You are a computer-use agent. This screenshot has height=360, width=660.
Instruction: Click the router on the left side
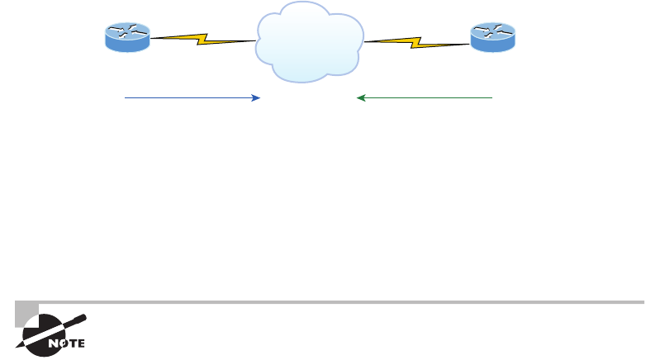coord(127,38)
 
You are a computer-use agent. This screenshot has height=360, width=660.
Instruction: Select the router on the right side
coord(493,38)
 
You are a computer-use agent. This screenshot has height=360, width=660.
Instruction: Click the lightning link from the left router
coord(203,38)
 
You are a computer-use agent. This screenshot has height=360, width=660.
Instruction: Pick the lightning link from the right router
coord(417,38)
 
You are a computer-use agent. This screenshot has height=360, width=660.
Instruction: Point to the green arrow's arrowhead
coord(360,98)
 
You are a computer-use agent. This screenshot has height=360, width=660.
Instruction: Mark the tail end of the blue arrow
coord(126,98)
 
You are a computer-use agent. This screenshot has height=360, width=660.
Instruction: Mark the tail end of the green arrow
coord(491,98)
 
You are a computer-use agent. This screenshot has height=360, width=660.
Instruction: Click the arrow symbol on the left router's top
coord(127,32)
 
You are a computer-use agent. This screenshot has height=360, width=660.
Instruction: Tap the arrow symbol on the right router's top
coord(493,32)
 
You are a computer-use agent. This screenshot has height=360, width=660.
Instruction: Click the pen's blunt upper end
coord(83,315)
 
